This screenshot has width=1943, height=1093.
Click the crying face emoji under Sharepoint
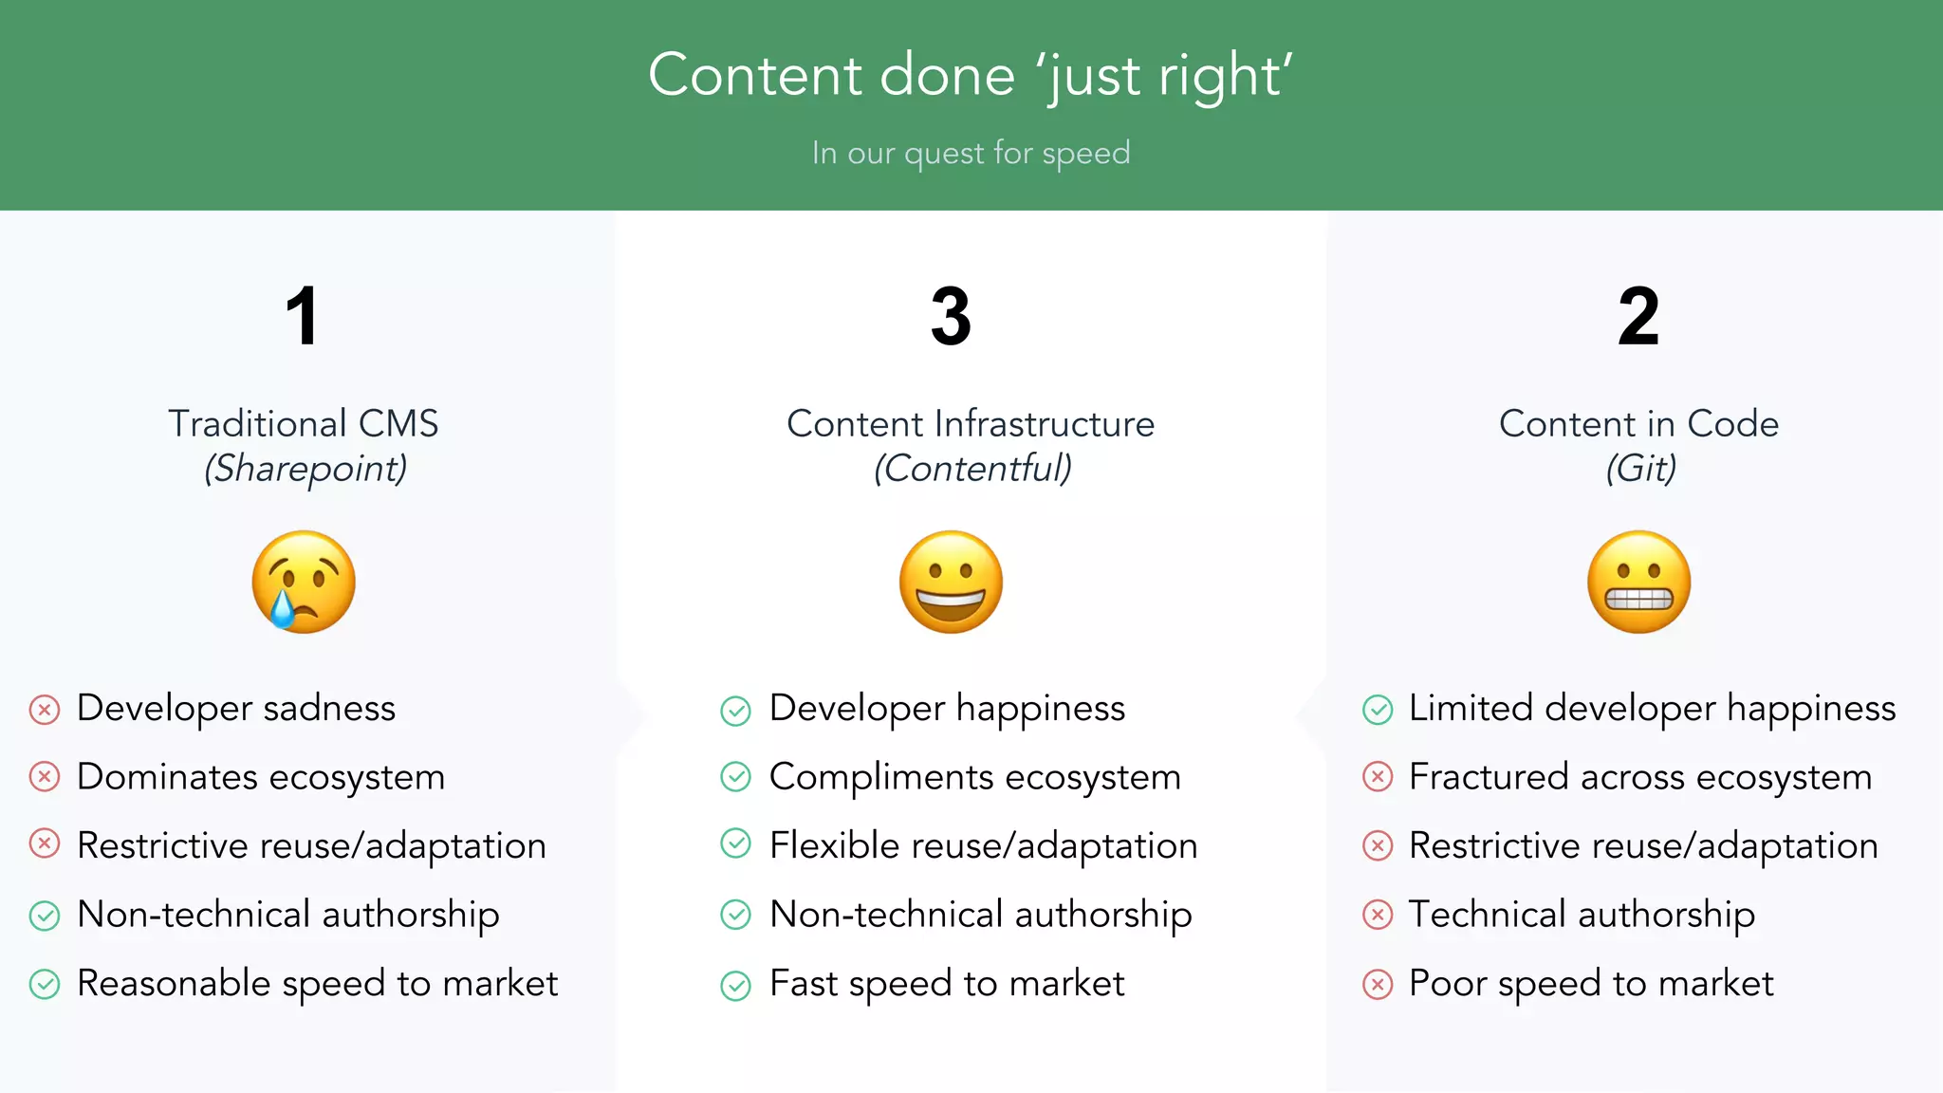point(304,582)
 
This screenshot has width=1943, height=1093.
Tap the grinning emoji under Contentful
point(951,582)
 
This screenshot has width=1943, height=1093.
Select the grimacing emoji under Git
point(1638,582)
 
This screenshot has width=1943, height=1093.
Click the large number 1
point(302,317)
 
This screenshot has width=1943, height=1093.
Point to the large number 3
point(951,317)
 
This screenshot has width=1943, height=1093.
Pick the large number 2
point(1638,317)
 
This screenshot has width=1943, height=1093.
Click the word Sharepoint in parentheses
point(305,469)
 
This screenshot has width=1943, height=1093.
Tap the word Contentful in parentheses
point(972,469)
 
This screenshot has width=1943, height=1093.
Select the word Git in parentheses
point(1640,469)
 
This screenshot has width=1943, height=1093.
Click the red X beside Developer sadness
point(45,710)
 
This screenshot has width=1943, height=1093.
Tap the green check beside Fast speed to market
point(735,985)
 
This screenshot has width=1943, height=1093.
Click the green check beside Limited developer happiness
point(1378,710)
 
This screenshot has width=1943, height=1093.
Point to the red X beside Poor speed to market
point(1378,985)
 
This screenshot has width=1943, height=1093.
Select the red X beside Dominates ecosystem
point(45,777)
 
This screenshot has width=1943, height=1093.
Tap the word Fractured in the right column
point(1488,777)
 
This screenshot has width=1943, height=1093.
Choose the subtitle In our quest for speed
point(971,153)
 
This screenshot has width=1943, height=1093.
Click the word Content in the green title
point(755,75)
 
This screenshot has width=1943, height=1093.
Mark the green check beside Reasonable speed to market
point(45,985)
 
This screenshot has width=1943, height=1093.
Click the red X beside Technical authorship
point(1378,915)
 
